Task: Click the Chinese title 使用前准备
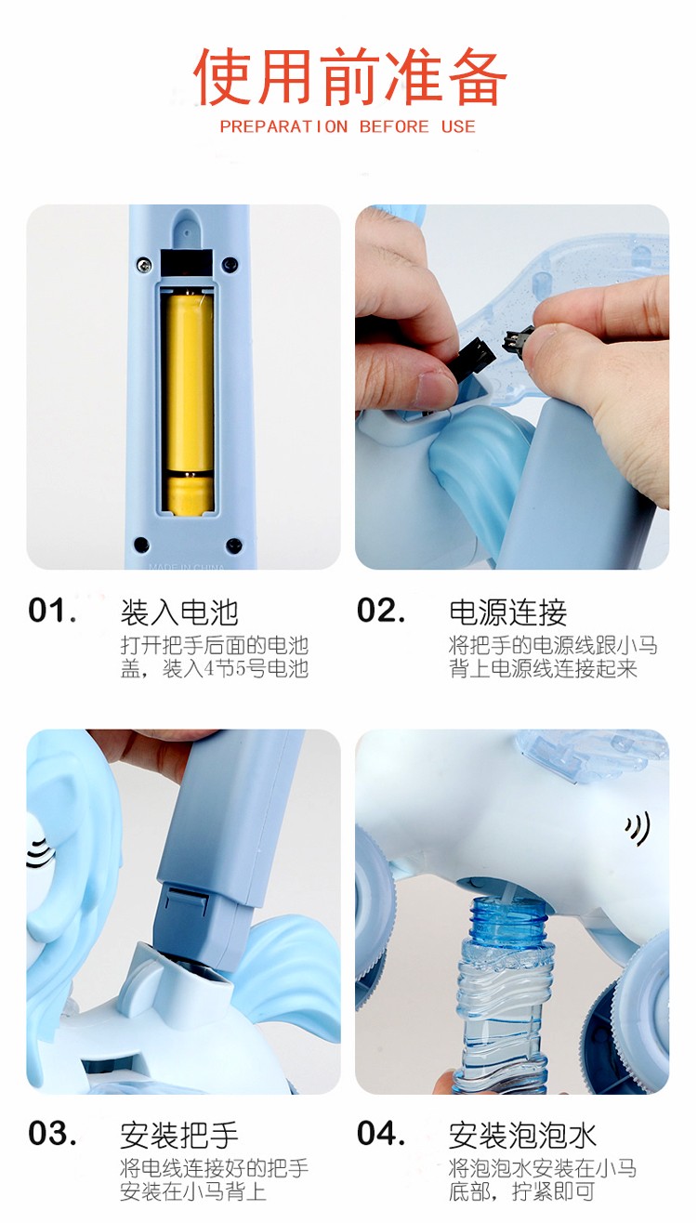pyautogui.click(x=349, y=76)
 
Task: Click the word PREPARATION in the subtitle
pyautogui.click(x=283, y=126)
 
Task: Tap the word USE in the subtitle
pyautogui.click(x=458, y=126)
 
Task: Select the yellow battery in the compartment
pyautogui.click(x=189, y=404)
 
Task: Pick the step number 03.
pyautogui.click(x=52, y=1133)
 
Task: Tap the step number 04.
pyautogui.click(x=381, y=1133)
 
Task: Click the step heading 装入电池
pyautogui.click(x=179, y=612)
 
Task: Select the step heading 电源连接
pyautogui.click(x=508, y=612)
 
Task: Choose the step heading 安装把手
pyautogui.click(x=179, y=1135)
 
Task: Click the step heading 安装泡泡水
pyautogui.click(x=523, y=1135)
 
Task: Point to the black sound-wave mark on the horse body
pyautogui.click(x=638, y=828)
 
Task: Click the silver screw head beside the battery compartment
pyautogui.click(x=144, y=264)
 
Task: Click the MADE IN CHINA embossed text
pyautogui.click(x=186, y=567)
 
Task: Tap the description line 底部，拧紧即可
pyautogui.click(x=521, y=1190)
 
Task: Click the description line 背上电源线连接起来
pyautogui.click(x=543, y=668)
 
